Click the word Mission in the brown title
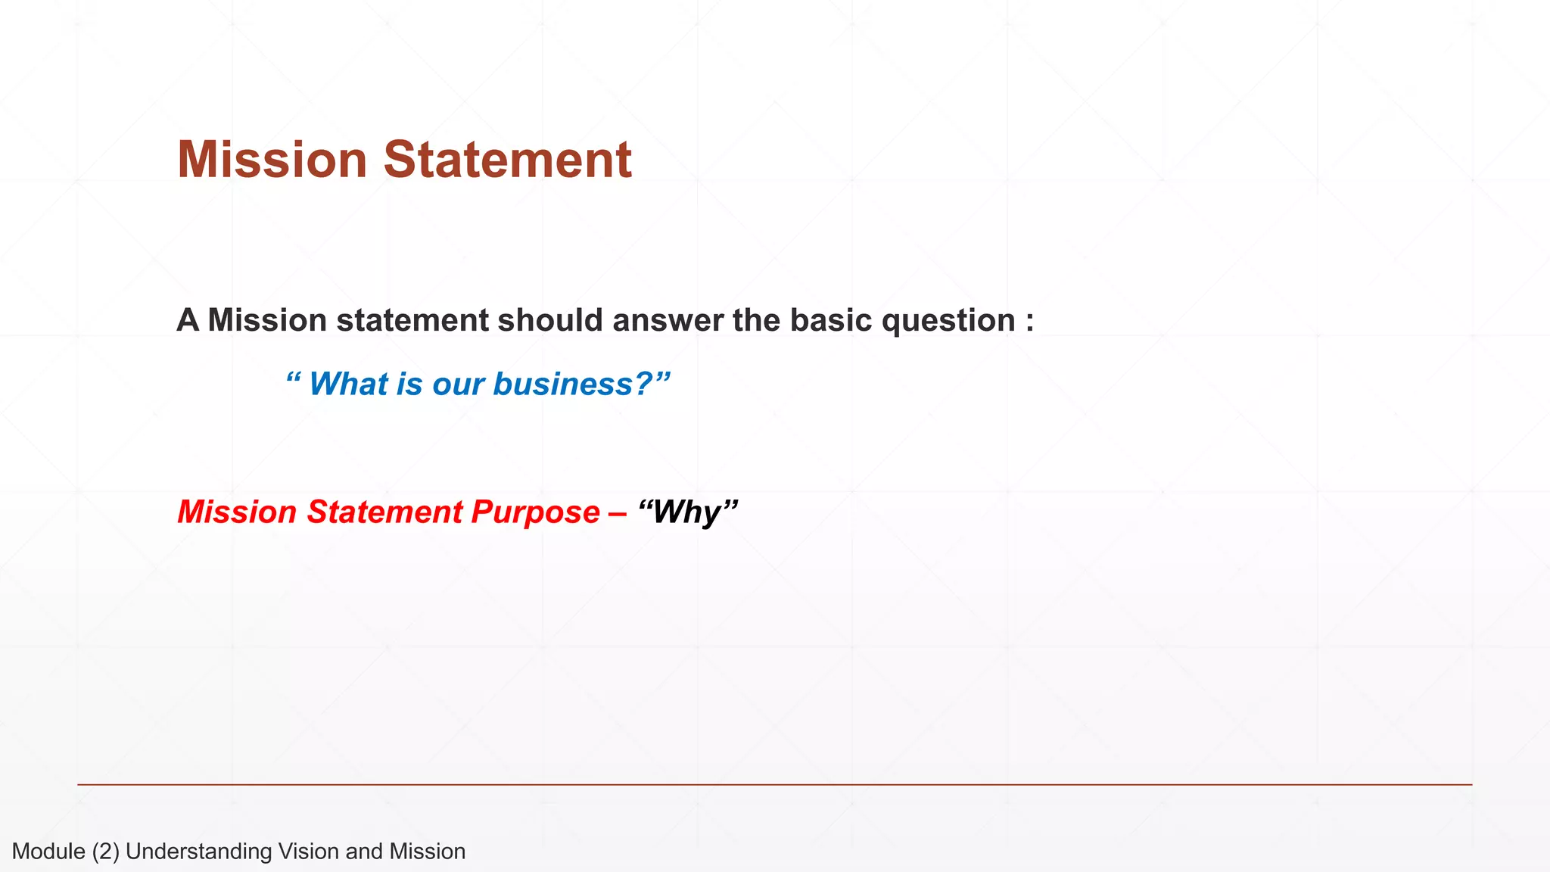[272, 160]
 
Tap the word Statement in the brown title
[507, 160]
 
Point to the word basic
[831, 320]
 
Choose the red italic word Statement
[384, 512]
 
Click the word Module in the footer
[48, 852]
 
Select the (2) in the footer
[106, 852]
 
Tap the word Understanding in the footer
[198, 852]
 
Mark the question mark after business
[643, 384]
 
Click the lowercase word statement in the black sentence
[412, 320]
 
